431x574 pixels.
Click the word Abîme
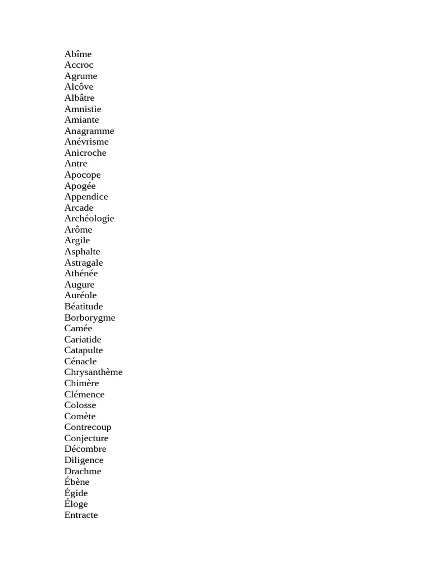pyautogui.click(x=78, y=54)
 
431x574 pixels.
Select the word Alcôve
pyautogui.click(x=79, y=87)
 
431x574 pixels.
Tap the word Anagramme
pyautogui.click(x=89, y=131)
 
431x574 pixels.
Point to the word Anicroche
pyautogui.click(x=85, y=153)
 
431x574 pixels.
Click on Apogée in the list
pyautogui.click(x=80, y=186)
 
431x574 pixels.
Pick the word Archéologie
pyautogui.click(x=89, y=219)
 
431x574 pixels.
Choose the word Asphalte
pyautogui.click(x=82, y=252)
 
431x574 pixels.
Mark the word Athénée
pyautogui.click(x=81, y=274)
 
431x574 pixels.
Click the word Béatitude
pyautogui.click(x=84, y=307)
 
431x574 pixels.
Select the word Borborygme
pyautogui.click(x=90, y=318)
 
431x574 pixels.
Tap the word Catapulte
pyautogui.click(x=84, y=350)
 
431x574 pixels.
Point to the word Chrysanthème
pyautogui.click(x=93, y=372)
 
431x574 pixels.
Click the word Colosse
pyautogui.click(x=80, y=405)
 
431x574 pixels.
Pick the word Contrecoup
pyautogui.click(x=88, y=427)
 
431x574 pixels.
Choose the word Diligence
pyautogui.click(x=84, y=460)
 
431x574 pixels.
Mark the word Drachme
pyautogui.click(x=83, y=471)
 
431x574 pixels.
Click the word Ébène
pyautogui.click(x=77, y=482)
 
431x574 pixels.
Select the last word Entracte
pyautogui.click(x=81, y=515)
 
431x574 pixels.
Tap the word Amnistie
pyautogui.click(x=83, y=109)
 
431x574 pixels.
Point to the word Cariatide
pyautogui.click(x=83, y=340)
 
